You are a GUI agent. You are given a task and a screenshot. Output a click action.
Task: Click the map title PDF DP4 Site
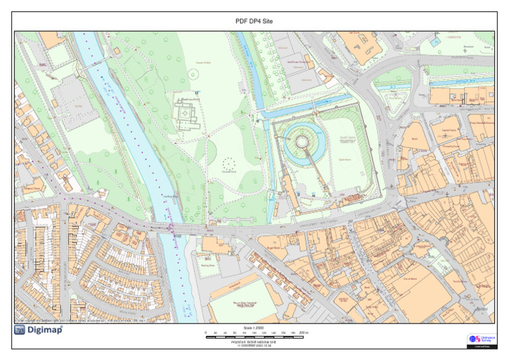(x=254, y=21)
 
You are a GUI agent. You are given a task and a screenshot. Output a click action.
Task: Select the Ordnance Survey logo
(x=481, y=340)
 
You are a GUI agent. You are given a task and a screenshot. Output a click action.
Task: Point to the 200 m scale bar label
(x=304, y=332)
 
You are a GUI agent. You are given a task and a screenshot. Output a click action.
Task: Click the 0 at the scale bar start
(x=206, y=332)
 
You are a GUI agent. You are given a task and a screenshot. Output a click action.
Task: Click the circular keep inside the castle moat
(x=302, y=141)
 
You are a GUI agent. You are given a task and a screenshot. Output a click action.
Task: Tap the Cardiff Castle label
(x=349, y=138)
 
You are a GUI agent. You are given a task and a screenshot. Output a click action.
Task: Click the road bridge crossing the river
(x=169, y=227)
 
